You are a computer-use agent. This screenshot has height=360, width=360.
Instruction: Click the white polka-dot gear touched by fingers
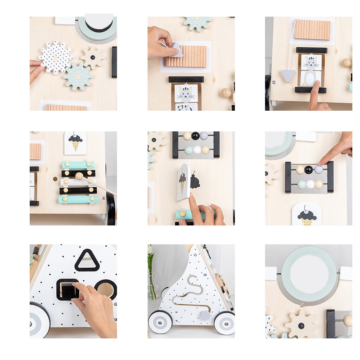[x=55, y=57]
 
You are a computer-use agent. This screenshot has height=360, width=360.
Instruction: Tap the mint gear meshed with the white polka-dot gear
[x=78, y=76]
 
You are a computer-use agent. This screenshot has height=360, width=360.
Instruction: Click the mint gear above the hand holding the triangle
[x=197, y=22]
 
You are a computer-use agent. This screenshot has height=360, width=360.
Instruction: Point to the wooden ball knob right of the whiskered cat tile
[x=226, y=93]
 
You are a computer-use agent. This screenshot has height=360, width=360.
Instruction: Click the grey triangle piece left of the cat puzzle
[x=288, y=76]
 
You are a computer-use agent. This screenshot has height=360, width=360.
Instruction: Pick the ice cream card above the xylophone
[x=75, y=143]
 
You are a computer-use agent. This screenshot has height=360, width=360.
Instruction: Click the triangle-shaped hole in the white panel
[x=87, y=261]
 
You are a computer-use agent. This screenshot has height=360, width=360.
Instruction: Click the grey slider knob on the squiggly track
[x=204, y=315]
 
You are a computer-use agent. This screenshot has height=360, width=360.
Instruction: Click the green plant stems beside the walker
[x=151, y=274]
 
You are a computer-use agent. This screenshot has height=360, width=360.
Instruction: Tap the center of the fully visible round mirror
[x=309, y=273]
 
